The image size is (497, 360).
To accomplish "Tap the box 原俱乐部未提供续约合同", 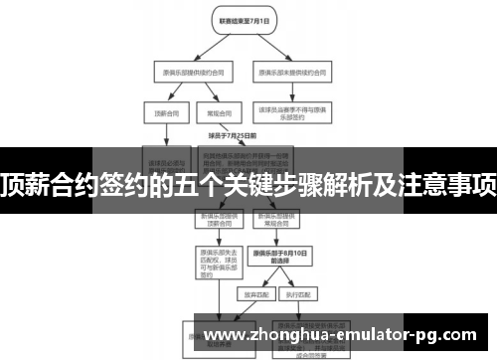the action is click(293, 73).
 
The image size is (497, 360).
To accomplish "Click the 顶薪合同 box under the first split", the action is click(163, 113).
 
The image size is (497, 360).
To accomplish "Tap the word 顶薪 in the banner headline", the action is click(28, 182).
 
